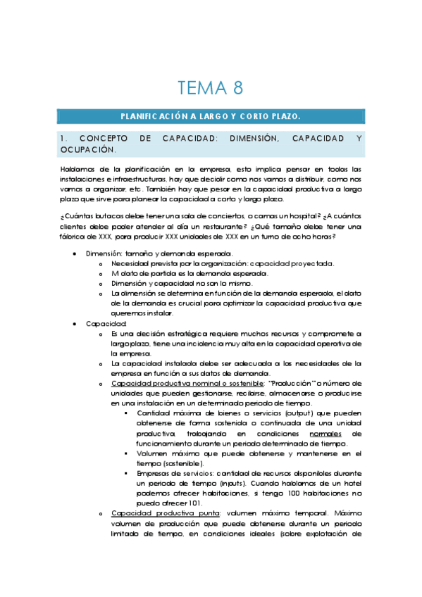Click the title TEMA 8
point(211,88)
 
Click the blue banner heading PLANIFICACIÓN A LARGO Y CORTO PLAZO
point(211,115)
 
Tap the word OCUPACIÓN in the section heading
point(87,150)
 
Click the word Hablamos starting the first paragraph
point(77,170)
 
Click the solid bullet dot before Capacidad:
point(75,323)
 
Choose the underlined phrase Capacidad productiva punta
point(147,513)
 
